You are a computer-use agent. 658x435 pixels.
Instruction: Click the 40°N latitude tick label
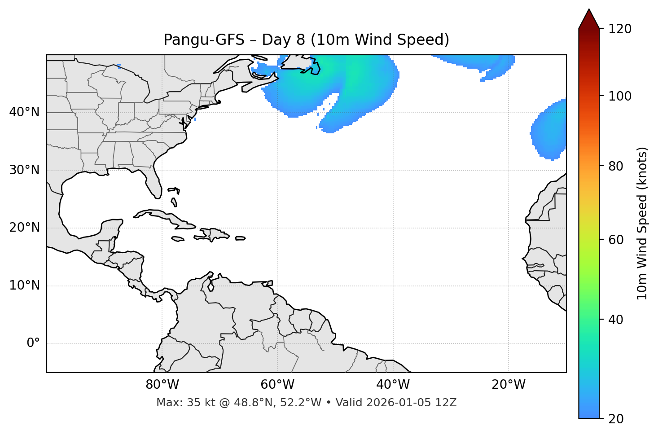[x=24, y=112]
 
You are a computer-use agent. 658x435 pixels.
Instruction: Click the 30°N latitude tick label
[x=24, y=170]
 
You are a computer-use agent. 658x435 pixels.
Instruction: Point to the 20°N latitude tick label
[x=24, y=228]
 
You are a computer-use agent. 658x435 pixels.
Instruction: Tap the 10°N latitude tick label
[x=24, y=286]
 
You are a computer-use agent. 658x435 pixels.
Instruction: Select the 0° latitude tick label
[x=33, y=343]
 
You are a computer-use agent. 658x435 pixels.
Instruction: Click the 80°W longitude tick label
[x=162, y=385]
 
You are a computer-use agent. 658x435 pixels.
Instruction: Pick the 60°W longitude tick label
[x=277, y=385]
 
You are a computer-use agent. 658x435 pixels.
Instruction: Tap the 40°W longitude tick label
[x=393, y=385]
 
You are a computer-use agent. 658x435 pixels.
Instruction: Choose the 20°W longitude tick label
[x=509, y=385]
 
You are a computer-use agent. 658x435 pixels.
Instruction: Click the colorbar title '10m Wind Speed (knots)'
[x=642, y=223]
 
